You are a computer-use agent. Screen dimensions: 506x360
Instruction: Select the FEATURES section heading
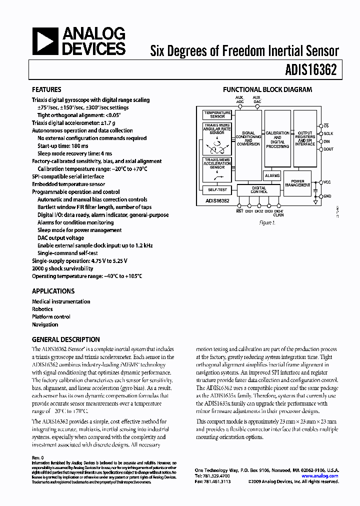[46, 89]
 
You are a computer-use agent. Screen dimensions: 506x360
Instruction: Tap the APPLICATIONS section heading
[53, 291]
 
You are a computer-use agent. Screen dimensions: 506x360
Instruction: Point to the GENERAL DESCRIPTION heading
[65, 339]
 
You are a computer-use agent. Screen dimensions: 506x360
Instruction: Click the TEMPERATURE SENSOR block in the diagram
[217, 115]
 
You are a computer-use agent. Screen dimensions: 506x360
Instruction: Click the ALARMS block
[272, 176]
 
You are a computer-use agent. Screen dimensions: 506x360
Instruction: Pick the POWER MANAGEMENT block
[297, 183]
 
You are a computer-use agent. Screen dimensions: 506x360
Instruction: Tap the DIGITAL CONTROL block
[258, 190]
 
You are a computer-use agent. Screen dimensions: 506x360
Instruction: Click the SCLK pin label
[328, 134]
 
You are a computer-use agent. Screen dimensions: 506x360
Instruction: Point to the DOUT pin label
[328, 149]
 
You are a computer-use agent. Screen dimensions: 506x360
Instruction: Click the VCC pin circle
[320, 182]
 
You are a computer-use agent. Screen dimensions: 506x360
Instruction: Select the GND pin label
[327, 196]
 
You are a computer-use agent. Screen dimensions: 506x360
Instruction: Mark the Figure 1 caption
[267, 222]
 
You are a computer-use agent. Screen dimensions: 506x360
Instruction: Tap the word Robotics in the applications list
[42, 309]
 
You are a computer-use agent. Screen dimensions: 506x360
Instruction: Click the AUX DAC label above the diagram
[256, 99]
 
